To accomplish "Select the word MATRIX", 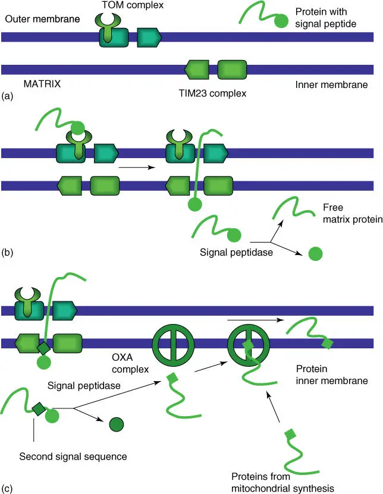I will pos(42,83).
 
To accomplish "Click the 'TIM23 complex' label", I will pos(212,93).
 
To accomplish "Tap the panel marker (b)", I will pos(8,252).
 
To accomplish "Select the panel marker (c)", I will pos(8,488).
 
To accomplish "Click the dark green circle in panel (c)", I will pos(116,424).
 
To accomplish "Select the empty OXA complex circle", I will pos(171,344).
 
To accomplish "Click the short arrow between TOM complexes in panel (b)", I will pos(136,168).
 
